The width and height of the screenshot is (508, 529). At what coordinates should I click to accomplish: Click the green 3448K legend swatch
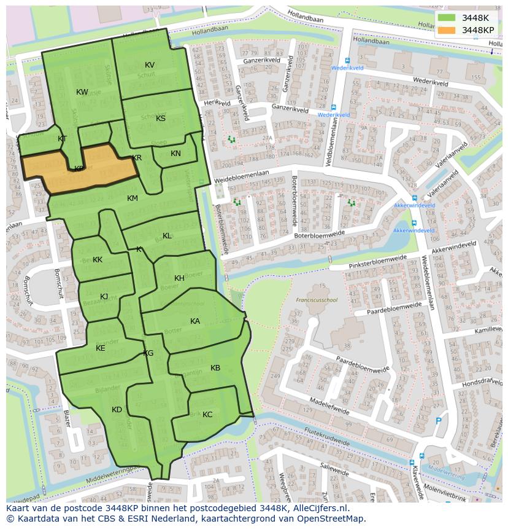448,18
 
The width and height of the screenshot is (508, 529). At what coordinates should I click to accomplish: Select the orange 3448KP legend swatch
448,30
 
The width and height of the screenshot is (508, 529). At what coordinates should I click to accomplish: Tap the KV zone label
150,65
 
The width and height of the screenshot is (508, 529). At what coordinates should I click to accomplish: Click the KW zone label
82,92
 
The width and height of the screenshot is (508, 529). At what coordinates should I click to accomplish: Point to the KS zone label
161,119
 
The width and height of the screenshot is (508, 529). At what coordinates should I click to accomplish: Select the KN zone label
176,154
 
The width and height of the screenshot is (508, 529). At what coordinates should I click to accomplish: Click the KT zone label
62,139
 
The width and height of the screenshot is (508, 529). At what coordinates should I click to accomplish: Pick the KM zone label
133,198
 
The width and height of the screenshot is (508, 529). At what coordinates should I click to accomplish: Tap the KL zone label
167,236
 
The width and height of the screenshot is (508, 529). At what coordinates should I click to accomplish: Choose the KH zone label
179,278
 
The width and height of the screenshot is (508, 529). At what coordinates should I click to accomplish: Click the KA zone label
195,321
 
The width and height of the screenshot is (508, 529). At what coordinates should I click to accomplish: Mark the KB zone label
215,368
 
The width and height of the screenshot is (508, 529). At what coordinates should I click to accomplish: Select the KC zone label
207,415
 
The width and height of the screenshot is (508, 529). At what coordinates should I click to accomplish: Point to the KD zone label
117,410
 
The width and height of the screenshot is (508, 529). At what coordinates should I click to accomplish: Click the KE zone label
101,348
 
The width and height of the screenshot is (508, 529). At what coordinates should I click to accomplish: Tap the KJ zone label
104,297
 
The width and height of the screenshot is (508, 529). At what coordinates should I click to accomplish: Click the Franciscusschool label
317,300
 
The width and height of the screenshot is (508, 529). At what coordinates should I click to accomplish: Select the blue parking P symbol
437,421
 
